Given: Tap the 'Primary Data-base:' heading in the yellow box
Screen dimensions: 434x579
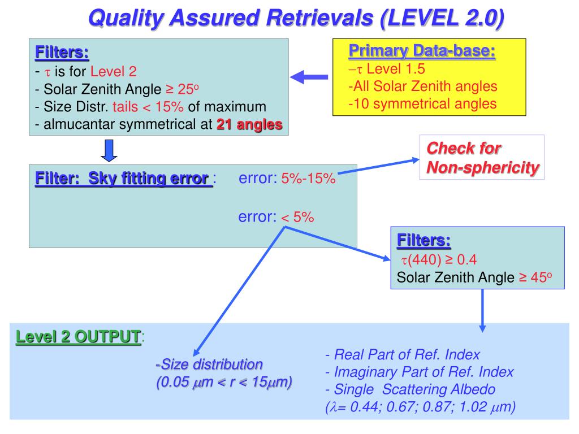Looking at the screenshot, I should coord(422,51).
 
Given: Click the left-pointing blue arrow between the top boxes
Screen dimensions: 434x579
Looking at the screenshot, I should coord(309,78).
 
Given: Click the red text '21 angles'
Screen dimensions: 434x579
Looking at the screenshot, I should coord(249,125).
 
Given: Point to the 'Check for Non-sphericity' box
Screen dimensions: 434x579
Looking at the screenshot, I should coord(481,158).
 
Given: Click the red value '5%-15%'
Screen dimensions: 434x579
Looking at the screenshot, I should coord(309,179).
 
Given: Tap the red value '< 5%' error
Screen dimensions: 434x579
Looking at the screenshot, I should coord(297,217).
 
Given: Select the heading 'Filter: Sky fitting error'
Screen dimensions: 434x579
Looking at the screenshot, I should coord(123,179).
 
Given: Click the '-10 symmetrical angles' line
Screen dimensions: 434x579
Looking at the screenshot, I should coord(422,103).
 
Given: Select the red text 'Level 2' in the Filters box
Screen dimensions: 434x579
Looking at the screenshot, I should coord(114,72).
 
